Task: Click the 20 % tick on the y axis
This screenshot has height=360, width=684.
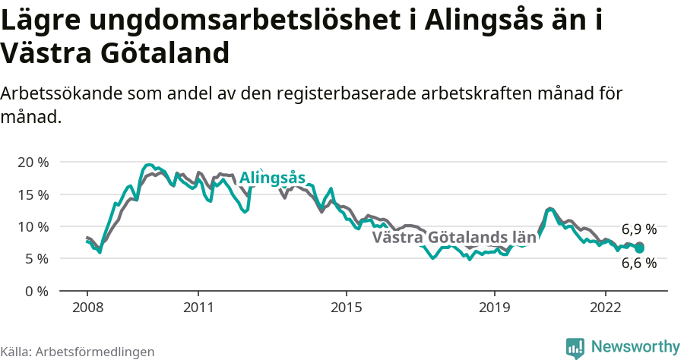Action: click(x=33, y=163)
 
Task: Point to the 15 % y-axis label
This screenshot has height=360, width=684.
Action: click(x=33, y=194)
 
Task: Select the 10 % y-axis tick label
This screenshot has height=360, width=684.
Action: click(x=33, y=226)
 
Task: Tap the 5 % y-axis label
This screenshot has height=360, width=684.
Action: click(x=36, y=258)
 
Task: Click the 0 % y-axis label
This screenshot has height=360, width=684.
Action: click(x=36, y=291)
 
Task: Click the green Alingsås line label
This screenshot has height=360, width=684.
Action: click(x=272, y=178)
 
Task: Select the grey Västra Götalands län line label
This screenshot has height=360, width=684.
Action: click(x=454, y=237)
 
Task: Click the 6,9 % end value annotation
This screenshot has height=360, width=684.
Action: click(x=638, y=229)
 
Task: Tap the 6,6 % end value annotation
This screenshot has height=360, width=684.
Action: click(x=638, y=264)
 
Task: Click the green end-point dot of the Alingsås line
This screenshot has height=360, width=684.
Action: click(x=640, y=248)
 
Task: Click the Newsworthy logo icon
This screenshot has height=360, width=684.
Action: click(x=575, y=347)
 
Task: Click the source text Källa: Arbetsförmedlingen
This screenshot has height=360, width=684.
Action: click(x=78, y=352)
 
